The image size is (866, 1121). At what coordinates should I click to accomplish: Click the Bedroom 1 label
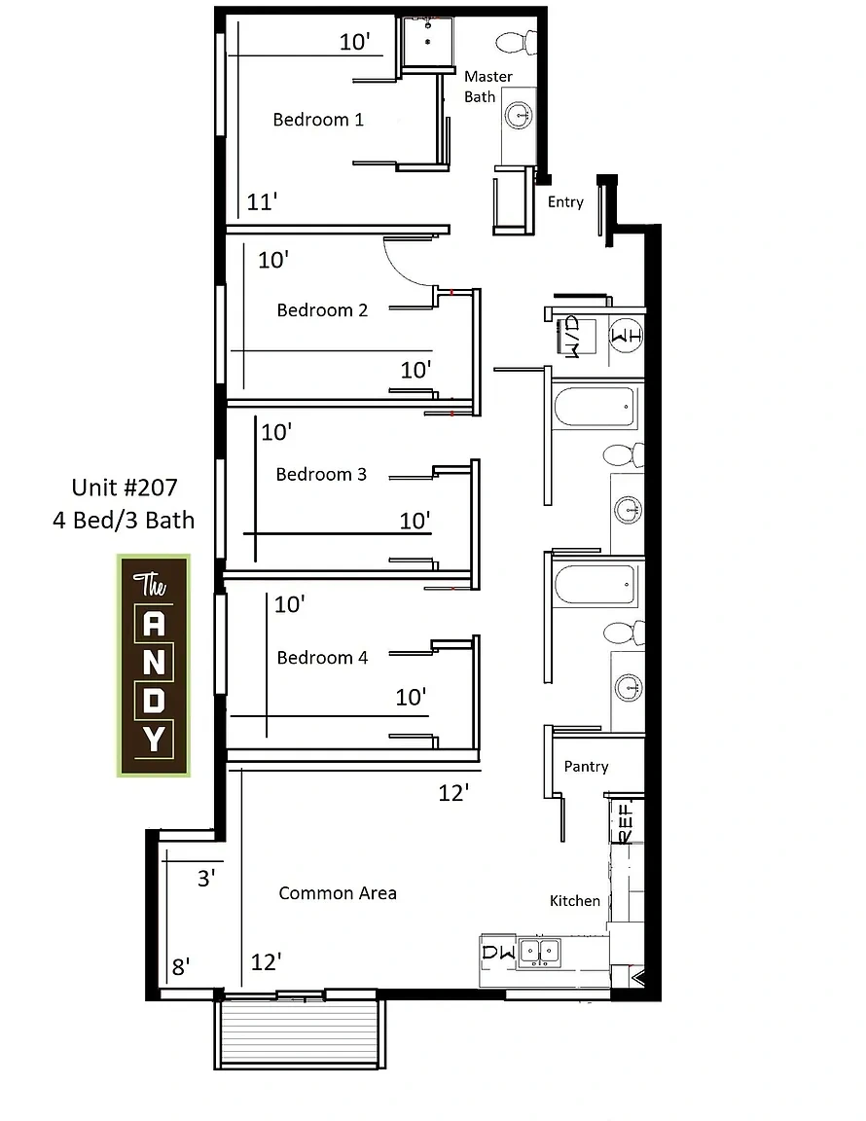[x=318, y=120]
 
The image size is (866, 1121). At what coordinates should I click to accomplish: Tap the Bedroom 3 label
[x=321, y=474]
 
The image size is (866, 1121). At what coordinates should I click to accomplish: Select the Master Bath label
[x=488, y=87]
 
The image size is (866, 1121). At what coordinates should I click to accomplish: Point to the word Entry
[x=565, y=202]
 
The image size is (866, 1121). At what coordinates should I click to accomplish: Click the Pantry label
[x=587, y=767]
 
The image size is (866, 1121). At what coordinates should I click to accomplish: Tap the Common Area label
[x=338, y=893]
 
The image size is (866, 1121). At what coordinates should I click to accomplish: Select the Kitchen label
[x=575, y=901]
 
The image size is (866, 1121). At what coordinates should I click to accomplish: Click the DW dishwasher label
[x=498, y=952]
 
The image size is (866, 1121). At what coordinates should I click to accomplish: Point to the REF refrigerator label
[x=625, y=823]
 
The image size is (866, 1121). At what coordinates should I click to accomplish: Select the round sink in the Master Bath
[x=519, y=115]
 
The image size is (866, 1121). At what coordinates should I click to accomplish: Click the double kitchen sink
[x=540, y=952]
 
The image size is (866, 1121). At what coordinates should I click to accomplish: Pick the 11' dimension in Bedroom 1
[x=262, y=202]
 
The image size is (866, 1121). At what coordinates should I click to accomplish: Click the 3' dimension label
[x=206, y=878]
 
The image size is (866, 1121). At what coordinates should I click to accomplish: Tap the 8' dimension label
[x=181, y=967]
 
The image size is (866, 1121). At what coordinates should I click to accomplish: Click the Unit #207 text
[x=125, y=488]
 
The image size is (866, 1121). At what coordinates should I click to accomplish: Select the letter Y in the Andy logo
[x=154, y=739]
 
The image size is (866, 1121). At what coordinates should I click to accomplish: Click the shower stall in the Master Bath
[x=427, y=42]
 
